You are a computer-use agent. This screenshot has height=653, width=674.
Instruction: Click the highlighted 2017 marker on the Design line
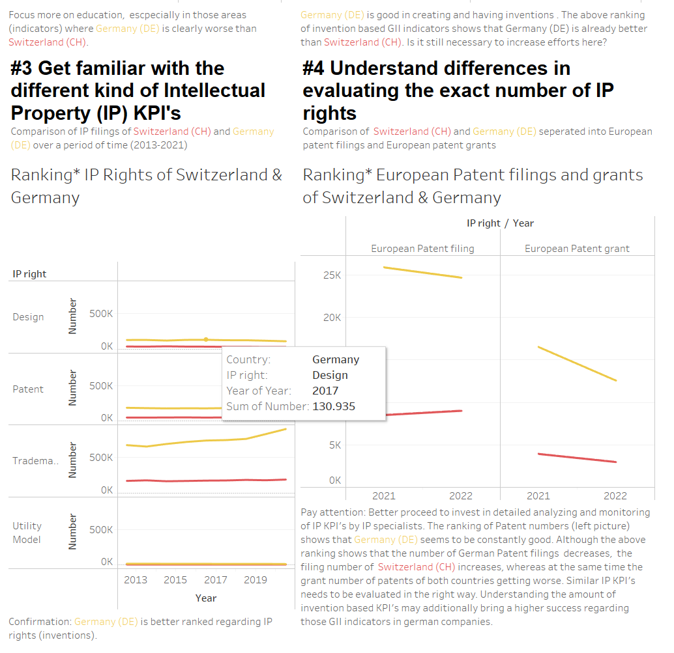coord(206,339)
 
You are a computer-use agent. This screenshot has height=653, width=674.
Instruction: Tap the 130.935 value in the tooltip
coord(334,406)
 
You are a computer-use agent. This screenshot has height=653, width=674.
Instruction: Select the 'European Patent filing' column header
coord(422,248)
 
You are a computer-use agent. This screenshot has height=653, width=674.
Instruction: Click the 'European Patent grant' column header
coord(577,248)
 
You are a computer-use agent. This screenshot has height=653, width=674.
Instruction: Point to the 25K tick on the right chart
coord(333,275)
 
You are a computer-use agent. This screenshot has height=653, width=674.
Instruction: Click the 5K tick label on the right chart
coord(334,445)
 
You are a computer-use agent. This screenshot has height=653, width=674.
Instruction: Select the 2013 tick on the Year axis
coord(136,579)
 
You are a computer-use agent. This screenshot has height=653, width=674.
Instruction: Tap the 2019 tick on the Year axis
coord(256,579)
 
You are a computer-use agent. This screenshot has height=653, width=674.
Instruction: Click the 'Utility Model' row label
coord(27,532)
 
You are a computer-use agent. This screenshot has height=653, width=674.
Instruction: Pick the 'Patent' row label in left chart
coord(28,389)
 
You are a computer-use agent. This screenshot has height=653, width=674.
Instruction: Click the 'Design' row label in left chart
coord(28,317)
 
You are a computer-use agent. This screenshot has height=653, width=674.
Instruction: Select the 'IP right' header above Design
coord(29,274)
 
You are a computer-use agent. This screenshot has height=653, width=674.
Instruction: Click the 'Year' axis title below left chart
coord(206,598)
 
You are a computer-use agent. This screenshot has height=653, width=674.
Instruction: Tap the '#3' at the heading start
coord(26,68)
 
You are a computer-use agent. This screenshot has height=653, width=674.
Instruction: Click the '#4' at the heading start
coord(317,68)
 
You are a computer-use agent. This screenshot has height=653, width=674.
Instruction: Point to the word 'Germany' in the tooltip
coord(336,359)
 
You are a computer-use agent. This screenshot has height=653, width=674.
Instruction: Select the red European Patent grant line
coord(577,458)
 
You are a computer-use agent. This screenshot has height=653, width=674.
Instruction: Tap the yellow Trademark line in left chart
coord(196,441)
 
